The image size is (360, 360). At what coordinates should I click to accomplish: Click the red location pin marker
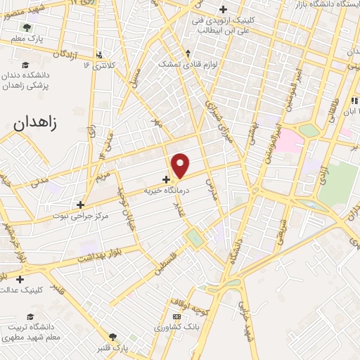coord(181,165)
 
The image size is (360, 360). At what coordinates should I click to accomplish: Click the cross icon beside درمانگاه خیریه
coord(166,180)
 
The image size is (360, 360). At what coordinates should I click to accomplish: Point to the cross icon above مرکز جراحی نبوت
coord(81,205)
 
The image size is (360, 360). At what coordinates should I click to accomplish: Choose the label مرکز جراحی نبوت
coord(81,216)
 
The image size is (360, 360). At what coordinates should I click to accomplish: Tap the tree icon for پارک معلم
coord(27,27)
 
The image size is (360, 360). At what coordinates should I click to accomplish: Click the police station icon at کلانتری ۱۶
coord(100,54)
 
